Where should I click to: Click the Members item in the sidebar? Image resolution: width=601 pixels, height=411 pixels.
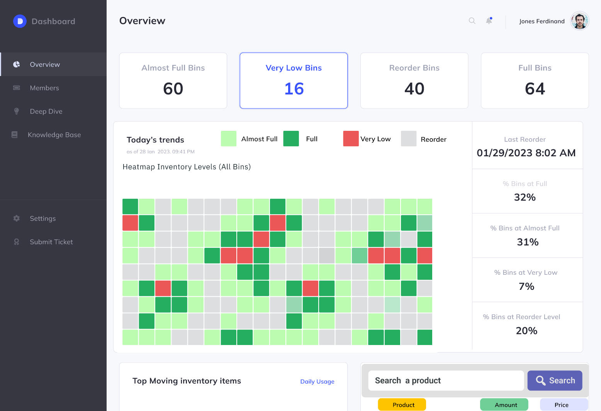(44, 88)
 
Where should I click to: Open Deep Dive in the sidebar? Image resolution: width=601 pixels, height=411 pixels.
(46, 112)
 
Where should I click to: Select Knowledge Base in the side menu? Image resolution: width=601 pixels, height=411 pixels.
(54, 135)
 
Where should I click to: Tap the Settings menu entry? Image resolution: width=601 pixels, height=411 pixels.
(42, 218)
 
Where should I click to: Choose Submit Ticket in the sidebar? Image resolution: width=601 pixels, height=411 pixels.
(51, 242)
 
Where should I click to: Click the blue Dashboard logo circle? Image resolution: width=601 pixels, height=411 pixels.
(20, 21)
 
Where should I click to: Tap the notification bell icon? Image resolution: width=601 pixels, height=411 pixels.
(489, 21)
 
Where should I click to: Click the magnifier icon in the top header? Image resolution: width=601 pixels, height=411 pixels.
(472, 21)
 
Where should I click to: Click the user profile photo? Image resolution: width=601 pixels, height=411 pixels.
(579, 21)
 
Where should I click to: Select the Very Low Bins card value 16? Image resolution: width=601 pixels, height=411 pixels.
(294, 89)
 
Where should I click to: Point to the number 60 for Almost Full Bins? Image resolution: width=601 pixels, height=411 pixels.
(173, 89)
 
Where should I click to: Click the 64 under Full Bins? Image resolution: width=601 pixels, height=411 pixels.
(535, 89)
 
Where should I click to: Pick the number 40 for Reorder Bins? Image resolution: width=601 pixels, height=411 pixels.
(414, 89)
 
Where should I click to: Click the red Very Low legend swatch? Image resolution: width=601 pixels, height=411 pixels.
(351, 139)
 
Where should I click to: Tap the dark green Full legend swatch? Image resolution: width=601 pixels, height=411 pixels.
(291, 139)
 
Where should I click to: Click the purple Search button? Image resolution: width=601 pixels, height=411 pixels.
(555, 381)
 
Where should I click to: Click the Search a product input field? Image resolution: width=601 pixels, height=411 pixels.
(446, 381)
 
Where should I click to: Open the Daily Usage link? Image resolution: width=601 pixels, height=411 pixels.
(317, 381)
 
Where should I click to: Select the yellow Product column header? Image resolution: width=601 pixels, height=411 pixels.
(402, 404)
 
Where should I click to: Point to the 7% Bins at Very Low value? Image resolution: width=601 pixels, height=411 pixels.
(526, 286)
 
